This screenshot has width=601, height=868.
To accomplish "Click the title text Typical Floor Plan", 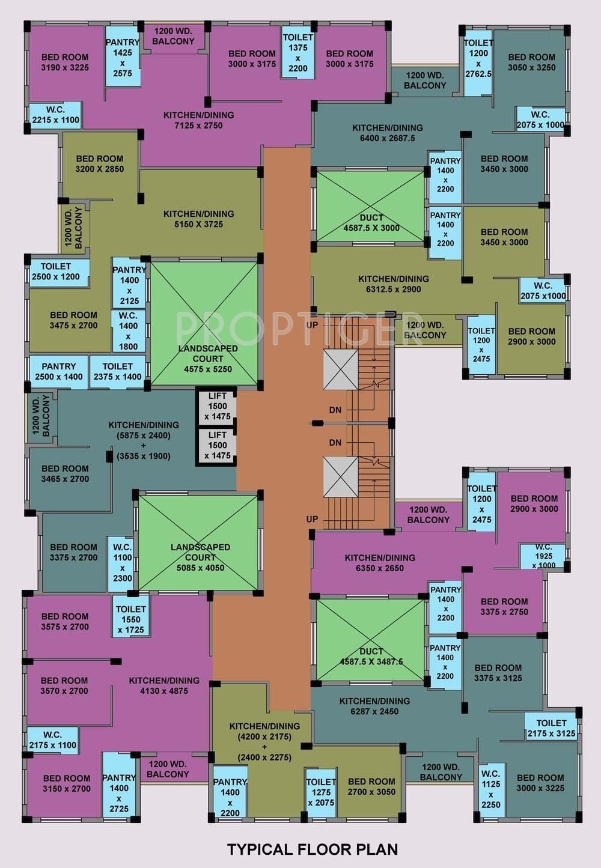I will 312,849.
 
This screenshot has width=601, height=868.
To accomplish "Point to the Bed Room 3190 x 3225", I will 64,62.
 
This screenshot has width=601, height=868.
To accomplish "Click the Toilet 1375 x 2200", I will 297,53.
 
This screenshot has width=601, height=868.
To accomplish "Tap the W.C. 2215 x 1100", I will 55,115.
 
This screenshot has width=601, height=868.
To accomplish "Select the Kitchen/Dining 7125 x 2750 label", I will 198,120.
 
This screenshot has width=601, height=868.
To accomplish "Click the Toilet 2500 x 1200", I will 56,272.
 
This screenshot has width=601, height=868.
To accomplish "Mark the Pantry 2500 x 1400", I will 58,371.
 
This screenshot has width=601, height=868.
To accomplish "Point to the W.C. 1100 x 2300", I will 122,562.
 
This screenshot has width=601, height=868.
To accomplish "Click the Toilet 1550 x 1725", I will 130,619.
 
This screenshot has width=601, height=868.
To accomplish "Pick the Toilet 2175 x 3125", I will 551,728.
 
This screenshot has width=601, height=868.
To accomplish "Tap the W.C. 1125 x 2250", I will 490,789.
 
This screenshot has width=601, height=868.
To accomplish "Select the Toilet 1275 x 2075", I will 320,792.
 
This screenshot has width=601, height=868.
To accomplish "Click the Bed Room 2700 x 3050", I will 371,786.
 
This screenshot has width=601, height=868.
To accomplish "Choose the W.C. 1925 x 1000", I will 543,556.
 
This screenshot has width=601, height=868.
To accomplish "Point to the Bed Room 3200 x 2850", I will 99,164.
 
